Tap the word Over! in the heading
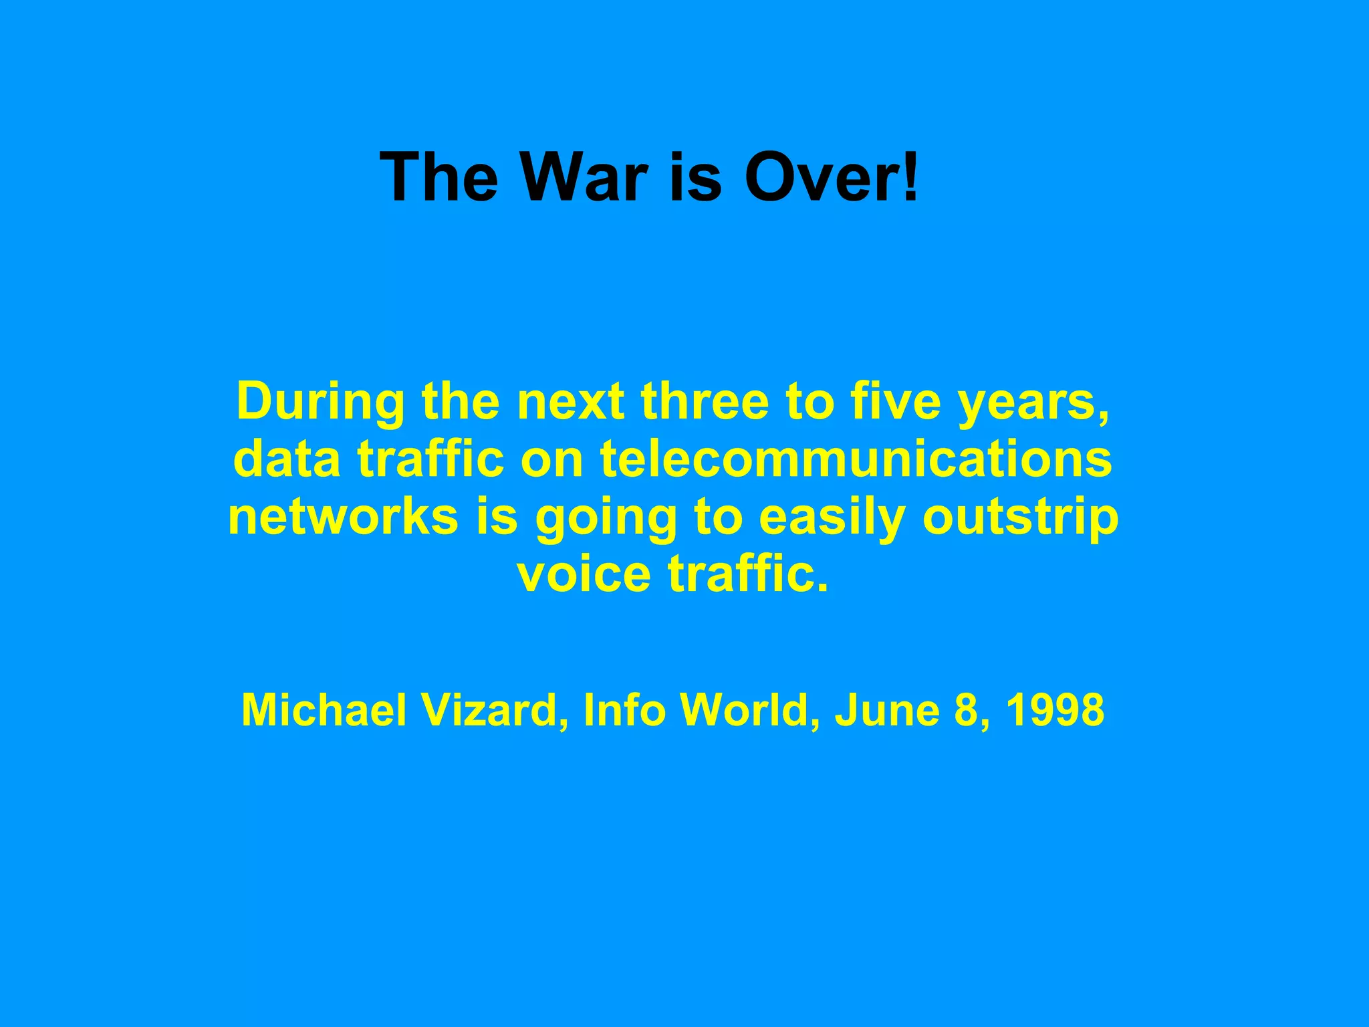(832, 177)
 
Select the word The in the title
(439, 177)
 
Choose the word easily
(832, 519)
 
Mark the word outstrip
(1020, 519)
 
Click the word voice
(584, 574)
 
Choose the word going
(606, 519)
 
